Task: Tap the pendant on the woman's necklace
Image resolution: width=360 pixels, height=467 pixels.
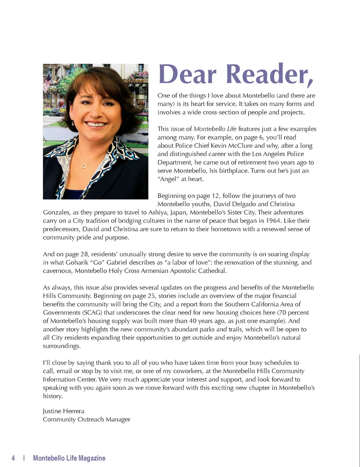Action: (x=84, y=165)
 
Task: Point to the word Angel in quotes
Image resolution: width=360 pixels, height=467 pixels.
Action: (x=168, y=179)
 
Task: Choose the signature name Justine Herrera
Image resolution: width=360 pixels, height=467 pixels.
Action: (x=63, y=411)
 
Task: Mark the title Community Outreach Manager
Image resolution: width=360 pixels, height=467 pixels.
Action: (x=87, y=419)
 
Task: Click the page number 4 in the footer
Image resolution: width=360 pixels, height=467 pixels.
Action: (x=13, y=458)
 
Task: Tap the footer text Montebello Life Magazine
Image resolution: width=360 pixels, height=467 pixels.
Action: (x=69, y=458)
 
